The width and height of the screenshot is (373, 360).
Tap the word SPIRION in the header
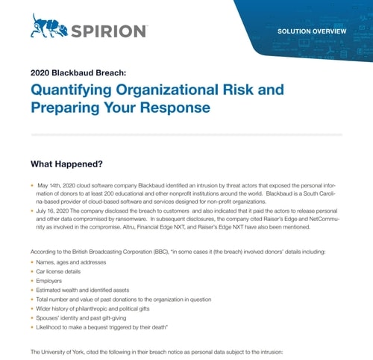tap(109, 31)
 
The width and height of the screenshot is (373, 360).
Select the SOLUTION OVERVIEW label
tap(312, 32)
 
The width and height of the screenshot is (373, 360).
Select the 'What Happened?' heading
tap(66, 164)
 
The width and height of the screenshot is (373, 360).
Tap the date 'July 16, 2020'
tap(54, 211)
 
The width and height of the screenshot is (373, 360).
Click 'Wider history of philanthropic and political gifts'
tap(95, 308)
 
